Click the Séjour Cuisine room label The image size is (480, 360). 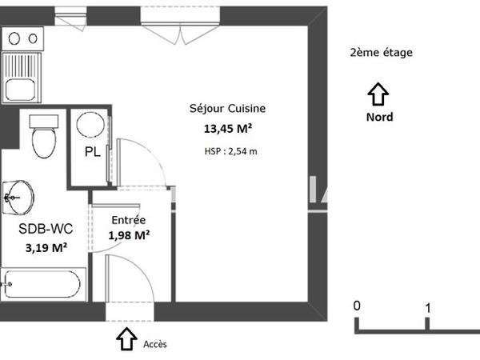click(227, 109)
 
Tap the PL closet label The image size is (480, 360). click(93, 153)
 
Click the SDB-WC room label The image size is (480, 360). click(46, 229)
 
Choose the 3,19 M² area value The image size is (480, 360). click(46, 247)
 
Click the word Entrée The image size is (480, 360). click(128, 220)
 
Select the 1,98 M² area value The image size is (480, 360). click(129, 235)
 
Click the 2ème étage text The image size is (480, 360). click(381, 54)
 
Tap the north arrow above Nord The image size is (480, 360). click(378, 95)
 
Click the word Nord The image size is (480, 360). click(378, 117)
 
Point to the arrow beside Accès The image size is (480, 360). click(126, 338)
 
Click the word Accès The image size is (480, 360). click(155, 344)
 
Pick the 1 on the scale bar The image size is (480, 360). click(429, 307)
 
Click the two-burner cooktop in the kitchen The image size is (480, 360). click(22, 38)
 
